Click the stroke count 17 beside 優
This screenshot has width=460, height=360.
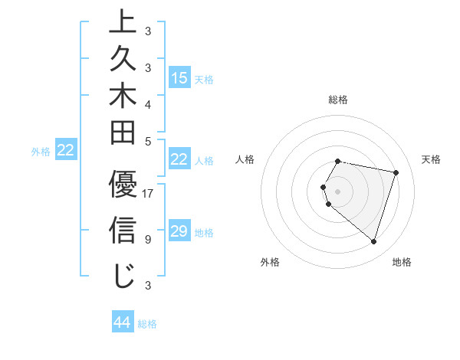(148, 194)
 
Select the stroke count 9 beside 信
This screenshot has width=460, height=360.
(148, 239)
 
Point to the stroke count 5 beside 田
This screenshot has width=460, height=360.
(148, 141)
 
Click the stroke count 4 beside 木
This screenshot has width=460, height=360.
(148, 104)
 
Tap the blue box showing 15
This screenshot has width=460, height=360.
(179, 77)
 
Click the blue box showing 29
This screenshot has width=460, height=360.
(179, 231)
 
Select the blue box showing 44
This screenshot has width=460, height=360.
(123, 322)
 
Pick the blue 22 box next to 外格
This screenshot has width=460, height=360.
(66, 151)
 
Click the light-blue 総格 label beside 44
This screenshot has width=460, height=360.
(148, 324)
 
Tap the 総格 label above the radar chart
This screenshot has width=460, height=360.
(338, 100)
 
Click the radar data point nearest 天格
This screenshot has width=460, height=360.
(396, 172)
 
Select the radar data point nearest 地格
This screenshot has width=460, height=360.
(373, 241)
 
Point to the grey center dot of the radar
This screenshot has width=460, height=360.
(338, 191)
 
